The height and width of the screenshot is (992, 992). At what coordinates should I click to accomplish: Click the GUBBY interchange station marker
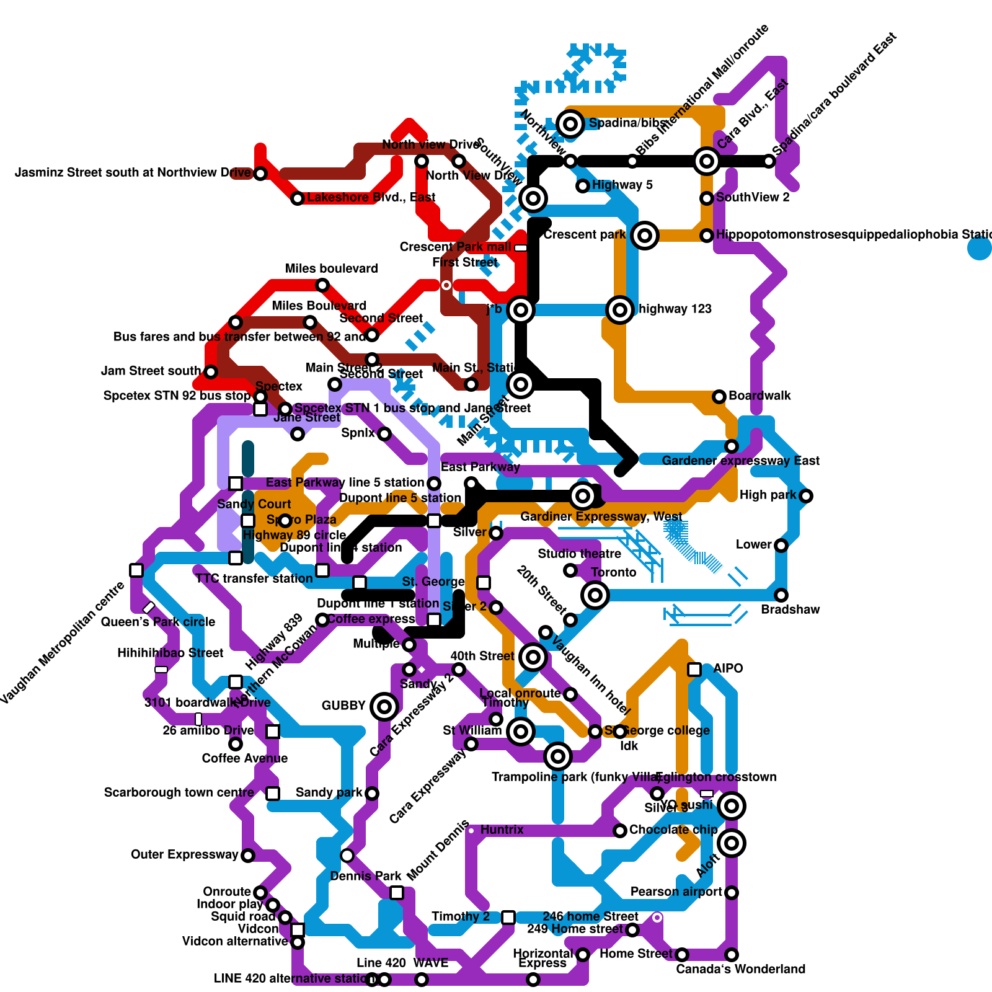[x=384, y=706]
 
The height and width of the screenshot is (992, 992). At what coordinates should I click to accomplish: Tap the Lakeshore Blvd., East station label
[x=371, y=197]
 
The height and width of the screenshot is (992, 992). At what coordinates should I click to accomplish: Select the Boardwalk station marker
[x=719, y=396]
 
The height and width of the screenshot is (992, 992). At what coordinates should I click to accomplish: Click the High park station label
[x=767, y=495]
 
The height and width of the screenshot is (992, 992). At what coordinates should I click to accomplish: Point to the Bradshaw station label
[x=790, y=609]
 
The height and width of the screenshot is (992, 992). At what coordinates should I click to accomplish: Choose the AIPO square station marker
[x=694, y=669]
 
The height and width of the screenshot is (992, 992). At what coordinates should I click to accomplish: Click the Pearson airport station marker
[x=732, y=892]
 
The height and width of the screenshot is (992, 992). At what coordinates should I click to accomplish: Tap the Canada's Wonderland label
[x=740, y=969]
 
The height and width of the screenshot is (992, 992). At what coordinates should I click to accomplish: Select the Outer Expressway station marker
[x=247, y=856]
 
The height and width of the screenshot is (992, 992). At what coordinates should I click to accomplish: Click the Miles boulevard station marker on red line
[x=322, y=285]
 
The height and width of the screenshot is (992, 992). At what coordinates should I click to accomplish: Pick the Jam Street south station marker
[x=211, y=372]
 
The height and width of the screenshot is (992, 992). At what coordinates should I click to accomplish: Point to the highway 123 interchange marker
[x=619, y=309]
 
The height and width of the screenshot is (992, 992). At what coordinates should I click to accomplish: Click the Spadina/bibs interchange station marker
[x=570, y=123]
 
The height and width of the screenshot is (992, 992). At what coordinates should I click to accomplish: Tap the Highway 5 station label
[x=622, y=185]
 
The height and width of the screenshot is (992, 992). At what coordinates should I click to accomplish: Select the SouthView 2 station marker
[x=706, y=198]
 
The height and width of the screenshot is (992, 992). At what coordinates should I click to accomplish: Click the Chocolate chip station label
[x=673, y=830]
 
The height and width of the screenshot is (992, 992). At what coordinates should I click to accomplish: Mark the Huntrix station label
[x=502, y=830]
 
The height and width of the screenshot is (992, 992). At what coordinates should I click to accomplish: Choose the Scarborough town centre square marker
[x=273, y=793]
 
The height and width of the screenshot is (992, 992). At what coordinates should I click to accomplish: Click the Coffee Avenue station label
[x=244, y=758]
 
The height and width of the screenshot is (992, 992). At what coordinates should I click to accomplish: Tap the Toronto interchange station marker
[x=595, y=595]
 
